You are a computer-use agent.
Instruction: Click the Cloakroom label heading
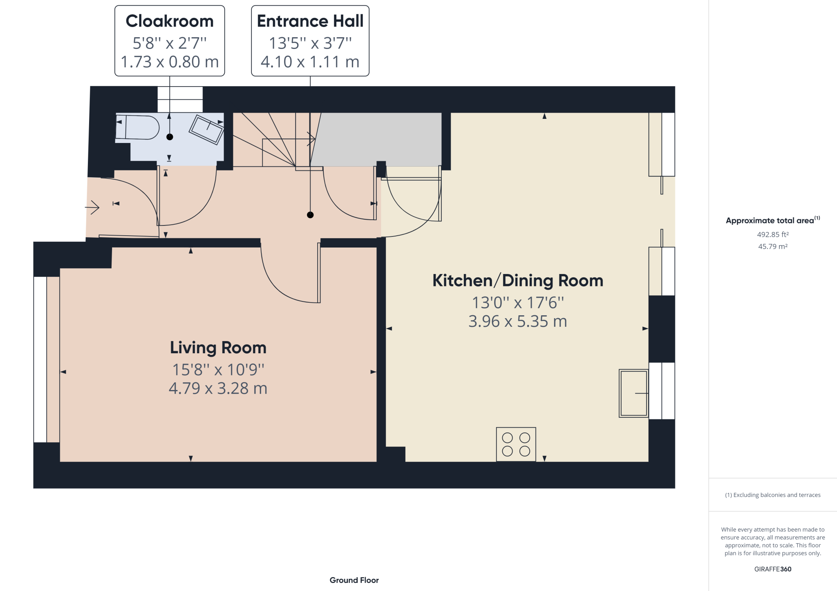click(170, 21)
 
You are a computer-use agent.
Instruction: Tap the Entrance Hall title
click(310, 21)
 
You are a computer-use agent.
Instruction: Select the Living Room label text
click(218, 348)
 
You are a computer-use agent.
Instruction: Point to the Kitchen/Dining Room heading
click(518, 281)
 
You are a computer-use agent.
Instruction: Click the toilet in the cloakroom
click(137, 127)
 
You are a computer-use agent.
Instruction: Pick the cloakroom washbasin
click(206, 129)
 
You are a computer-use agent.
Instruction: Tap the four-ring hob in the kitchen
click(516, 444)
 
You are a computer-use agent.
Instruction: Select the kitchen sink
click(633, 393)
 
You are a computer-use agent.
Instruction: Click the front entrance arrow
click(92, 207)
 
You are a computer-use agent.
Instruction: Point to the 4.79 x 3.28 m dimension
click(218, 388)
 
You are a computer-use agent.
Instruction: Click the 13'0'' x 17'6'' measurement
click(518, 303)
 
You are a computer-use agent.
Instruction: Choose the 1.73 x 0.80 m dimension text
click(170, 62)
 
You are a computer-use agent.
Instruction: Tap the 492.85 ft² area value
click(773, 234)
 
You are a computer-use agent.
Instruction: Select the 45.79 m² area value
click(773, 246)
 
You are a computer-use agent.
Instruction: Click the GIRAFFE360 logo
click(773, 569)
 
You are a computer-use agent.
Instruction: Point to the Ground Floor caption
click(354, 580)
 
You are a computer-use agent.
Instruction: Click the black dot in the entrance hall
click(310, 215)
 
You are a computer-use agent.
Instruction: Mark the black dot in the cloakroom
click(170, 137)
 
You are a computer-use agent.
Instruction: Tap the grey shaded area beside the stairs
click(376, 139)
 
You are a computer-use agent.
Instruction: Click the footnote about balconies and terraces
click(773, 495)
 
